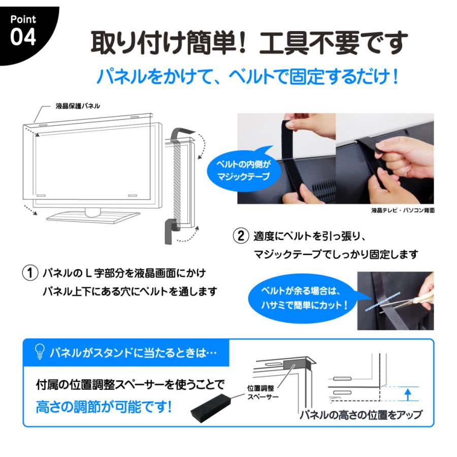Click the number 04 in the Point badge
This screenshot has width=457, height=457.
pyautogui.click(x=23, y=38)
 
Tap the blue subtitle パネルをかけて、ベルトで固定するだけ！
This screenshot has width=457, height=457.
pyautogui.click(x=247, y=77)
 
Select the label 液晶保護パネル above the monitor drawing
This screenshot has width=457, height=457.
pyautogui.click(x=78, y=106)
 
